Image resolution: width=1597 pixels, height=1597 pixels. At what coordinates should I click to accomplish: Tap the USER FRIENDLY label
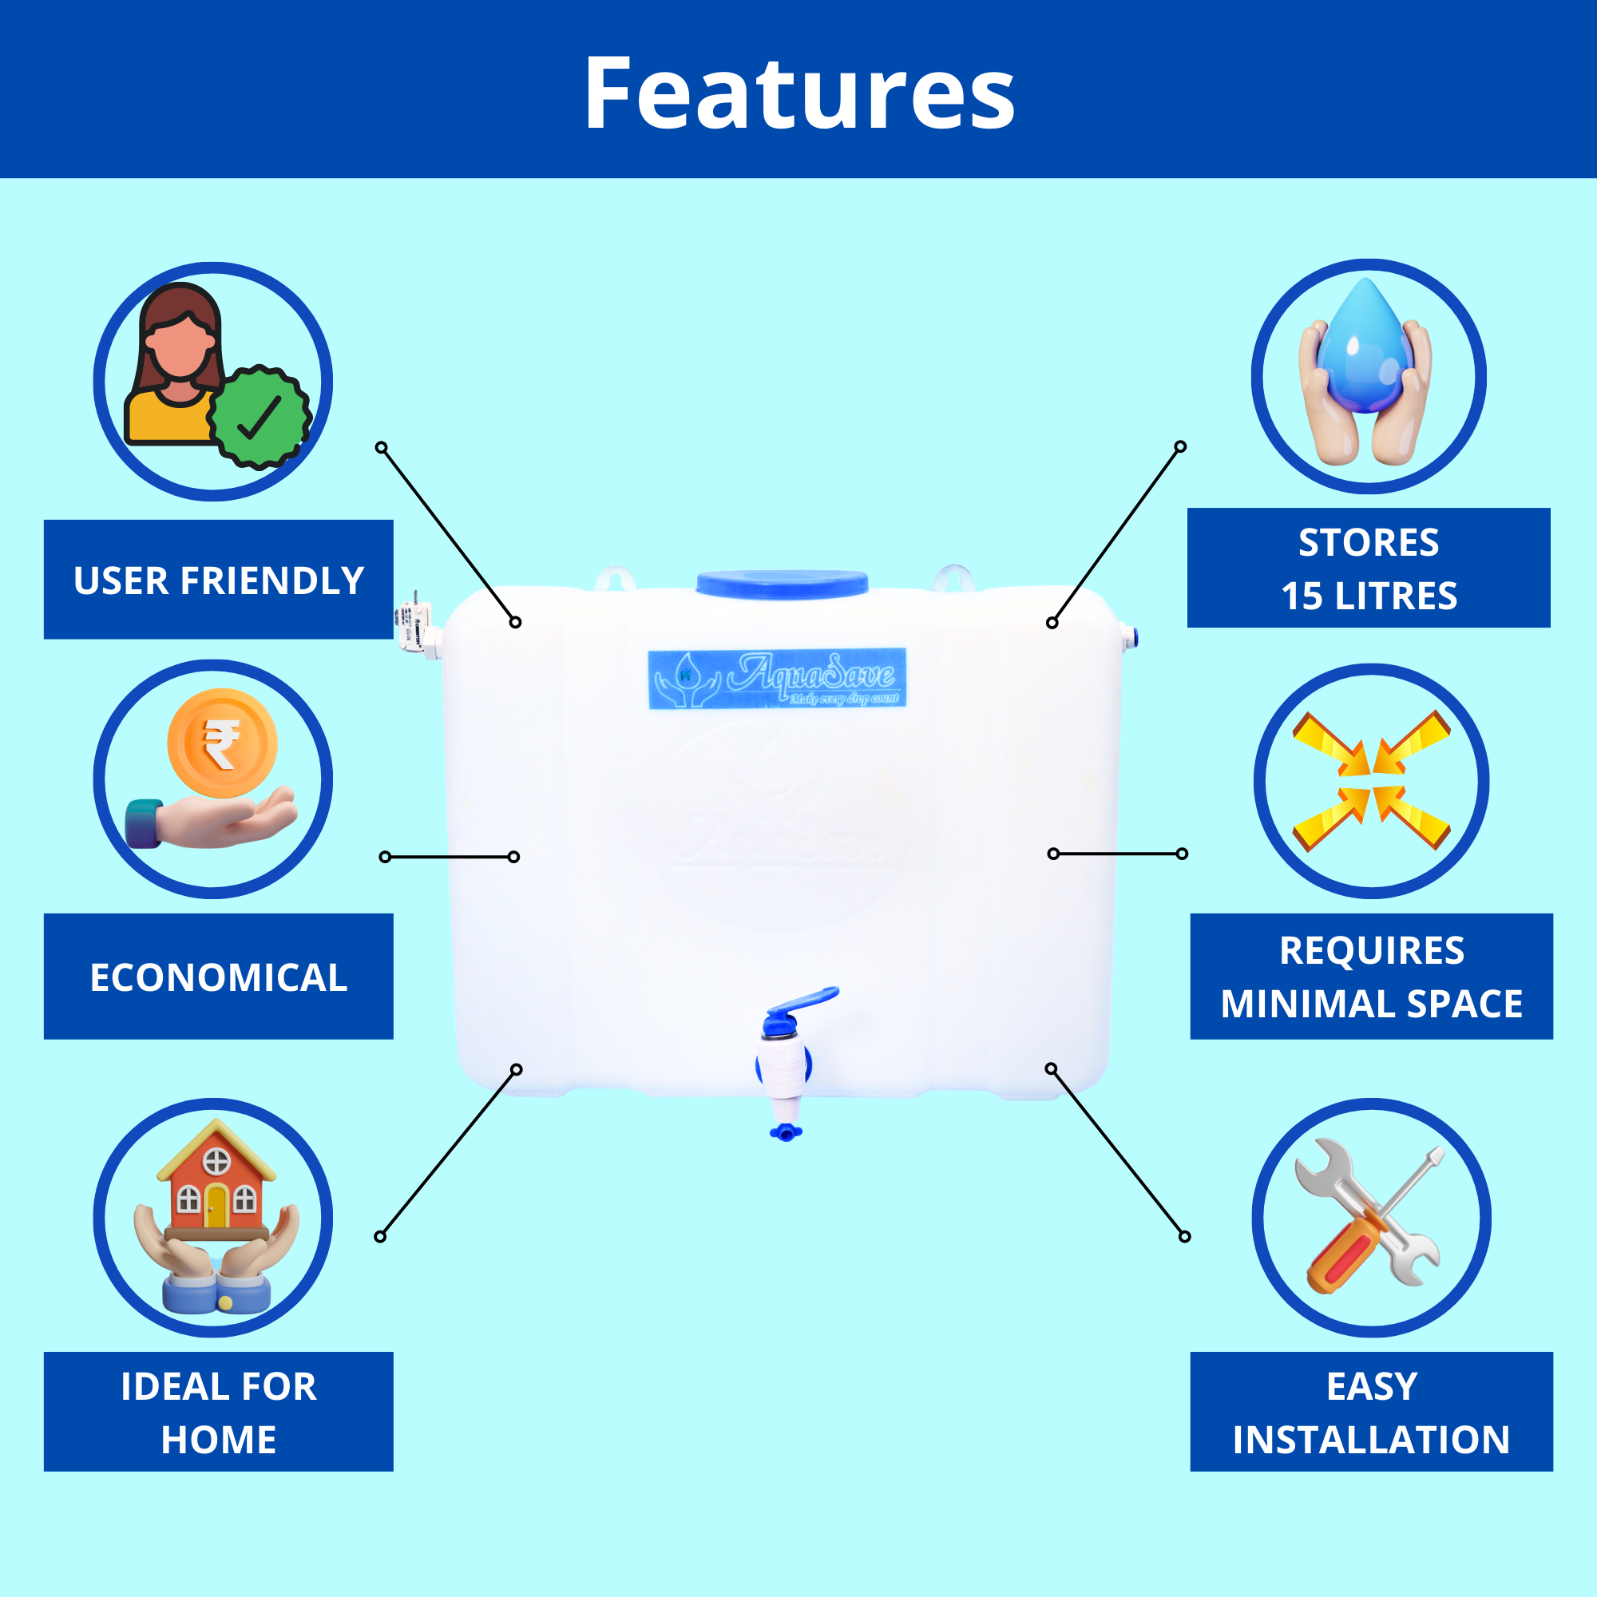[x=218, y=581]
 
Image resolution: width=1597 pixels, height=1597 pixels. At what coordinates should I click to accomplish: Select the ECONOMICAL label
[x=218, y=977]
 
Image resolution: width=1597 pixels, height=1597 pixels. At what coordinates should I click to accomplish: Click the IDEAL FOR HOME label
[x=218, y=1413]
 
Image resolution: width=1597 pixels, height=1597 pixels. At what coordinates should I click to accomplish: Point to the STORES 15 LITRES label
[x=1369, y=569]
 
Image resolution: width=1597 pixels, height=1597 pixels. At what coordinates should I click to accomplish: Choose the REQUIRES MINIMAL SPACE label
[x=1371, y=977]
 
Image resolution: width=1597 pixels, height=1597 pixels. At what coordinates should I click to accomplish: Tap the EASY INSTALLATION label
[x=1371, y=1413]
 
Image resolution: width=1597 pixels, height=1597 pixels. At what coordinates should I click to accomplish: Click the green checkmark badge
[x=260, y=418]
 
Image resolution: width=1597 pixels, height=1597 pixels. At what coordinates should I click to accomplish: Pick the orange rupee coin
[x=221, y=743]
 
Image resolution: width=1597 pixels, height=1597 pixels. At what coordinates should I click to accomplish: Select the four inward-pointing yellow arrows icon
[x=1371, y=780]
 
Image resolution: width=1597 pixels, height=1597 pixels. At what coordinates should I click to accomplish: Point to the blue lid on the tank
[x=782, y=583]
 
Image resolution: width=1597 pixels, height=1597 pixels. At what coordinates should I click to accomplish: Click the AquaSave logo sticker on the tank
[x=777, y=679]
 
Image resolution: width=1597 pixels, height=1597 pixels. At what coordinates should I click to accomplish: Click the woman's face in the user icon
[x=180, y=347]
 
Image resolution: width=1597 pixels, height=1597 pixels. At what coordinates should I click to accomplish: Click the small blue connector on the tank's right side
[x=1130, y=636]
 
